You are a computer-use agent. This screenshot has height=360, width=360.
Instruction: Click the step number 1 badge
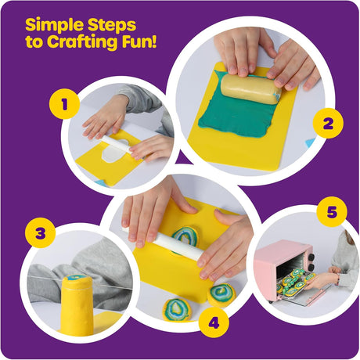click(64, 104)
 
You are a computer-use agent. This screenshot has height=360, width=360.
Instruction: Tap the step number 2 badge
click(328, 123)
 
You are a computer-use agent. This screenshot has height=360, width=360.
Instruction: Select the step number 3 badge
click(41, 232)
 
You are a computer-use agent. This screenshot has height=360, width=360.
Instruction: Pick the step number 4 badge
click(214, 323)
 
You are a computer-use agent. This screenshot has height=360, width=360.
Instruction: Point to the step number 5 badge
click(332, 212)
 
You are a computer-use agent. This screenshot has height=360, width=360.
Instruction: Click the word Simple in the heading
click(55, 26)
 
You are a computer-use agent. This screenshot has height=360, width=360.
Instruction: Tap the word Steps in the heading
click(112, 26)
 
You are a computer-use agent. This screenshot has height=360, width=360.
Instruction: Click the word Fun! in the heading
click(139, 41)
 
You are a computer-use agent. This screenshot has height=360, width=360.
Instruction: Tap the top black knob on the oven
click(311, 257)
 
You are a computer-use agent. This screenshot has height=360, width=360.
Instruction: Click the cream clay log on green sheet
click(250, 89)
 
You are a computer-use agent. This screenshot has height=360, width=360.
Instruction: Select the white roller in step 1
click(117, 146)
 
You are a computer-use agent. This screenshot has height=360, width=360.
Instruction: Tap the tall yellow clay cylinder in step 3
click(76, 304)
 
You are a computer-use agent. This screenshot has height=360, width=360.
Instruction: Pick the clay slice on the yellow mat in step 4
click(185, 237)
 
